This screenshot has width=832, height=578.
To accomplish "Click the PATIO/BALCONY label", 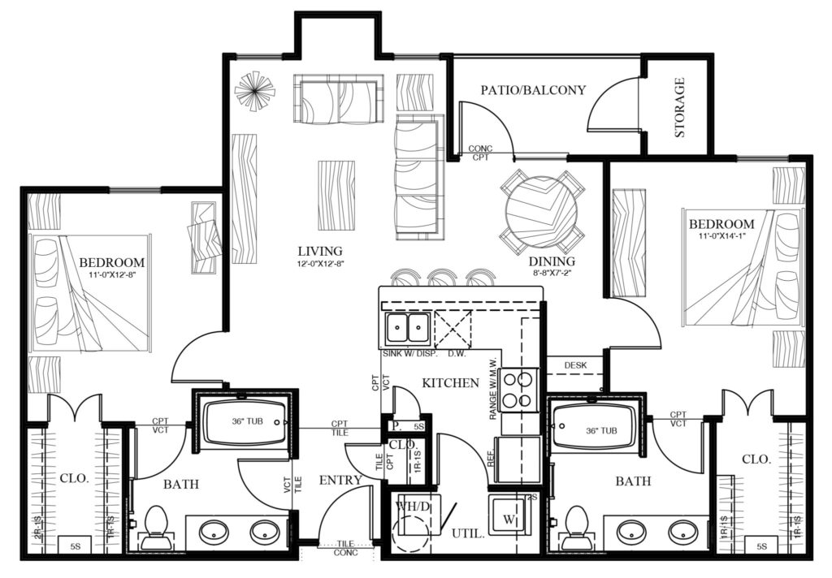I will (x=532, y=90).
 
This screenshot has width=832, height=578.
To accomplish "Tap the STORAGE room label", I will (x=679, y=107).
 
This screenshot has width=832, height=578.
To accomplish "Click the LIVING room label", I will (x=319, y=251).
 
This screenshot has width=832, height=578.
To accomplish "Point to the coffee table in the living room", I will (x=336, y=186).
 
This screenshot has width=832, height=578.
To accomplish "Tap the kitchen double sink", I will (x=406, y=329).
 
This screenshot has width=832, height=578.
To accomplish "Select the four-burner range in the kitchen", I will (x=519, y=390).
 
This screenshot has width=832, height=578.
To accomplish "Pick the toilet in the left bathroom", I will (x=154, y=527).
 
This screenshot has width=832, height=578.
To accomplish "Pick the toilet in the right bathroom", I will (x=576, y=527).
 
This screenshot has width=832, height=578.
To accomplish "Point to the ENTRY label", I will (x=340, y=480).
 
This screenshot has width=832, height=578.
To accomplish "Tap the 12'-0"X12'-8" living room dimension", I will (x=319, y=264).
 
